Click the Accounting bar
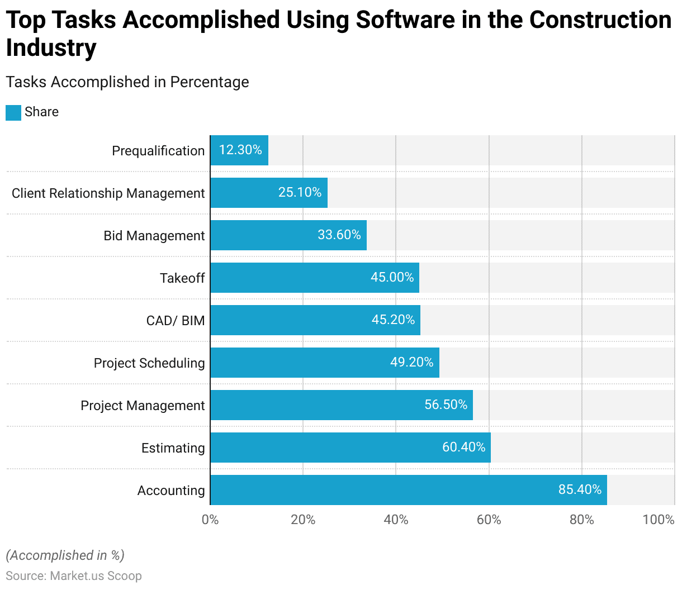click(x=408, y=490)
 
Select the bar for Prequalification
click(x=239, y=150)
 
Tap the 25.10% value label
click(x=300, y=192)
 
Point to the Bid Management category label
click(x=154, y=236)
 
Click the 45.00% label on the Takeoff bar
click(x=392, y=277)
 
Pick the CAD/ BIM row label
click(x=176, y=321)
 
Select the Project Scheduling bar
click(x=324, y=363)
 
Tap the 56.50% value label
click(x=446, y=405)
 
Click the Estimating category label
click(x=173, y=448)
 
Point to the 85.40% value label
click(x=580, y=489)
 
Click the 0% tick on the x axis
click(x=210, y=520)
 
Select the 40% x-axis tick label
click(x=396, y=520)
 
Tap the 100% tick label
click(x=658, y=520)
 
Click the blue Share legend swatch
click(x=13, y=112)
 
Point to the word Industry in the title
click(x=51, y=48)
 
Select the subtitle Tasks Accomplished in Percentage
click(x=127, y=82)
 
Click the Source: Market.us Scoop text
click(x=74, y=575)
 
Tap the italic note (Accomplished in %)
click(x=65, y=555)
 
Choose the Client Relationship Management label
click(x=108, y=193)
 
